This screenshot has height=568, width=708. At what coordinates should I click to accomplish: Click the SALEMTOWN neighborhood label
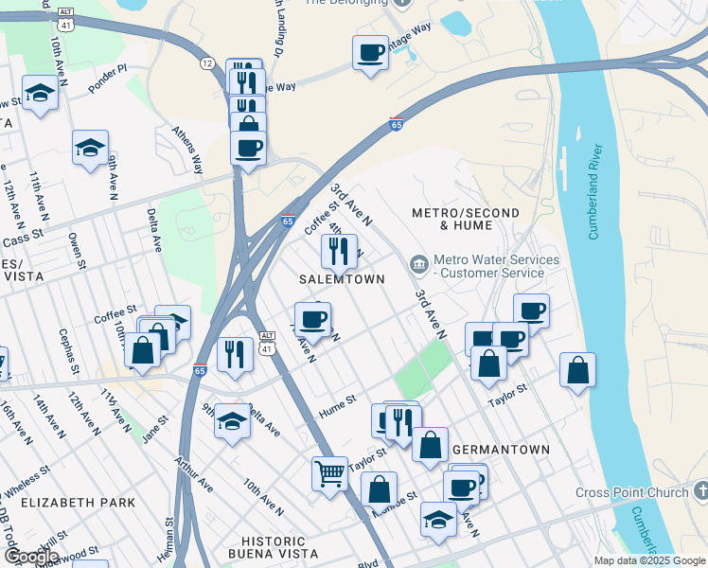click(342, 279)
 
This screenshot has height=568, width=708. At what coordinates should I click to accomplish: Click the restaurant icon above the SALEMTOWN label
click(339, 251)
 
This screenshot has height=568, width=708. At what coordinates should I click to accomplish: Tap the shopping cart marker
click(329, 472)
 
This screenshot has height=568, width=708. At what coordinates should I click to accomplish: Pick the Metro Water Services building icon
click(418, 262)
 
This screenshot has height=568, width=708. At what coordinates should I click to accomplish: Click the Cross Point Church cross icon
click(699, 491)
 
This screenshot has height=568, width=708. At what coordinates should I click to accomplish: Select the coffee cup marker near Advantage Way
click(370, 52)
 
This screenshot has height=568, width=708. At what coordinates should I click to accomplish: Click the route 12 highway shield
click(206, 62)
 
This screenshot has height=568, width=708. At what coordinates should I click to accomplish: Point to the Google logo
click(30, 557)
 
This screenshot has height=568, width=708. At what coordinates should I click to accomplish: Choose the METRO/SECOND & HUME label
click(451, 219)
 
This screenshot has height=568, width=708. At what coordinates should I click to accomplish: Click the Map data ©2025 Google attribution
click(648, 560)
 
